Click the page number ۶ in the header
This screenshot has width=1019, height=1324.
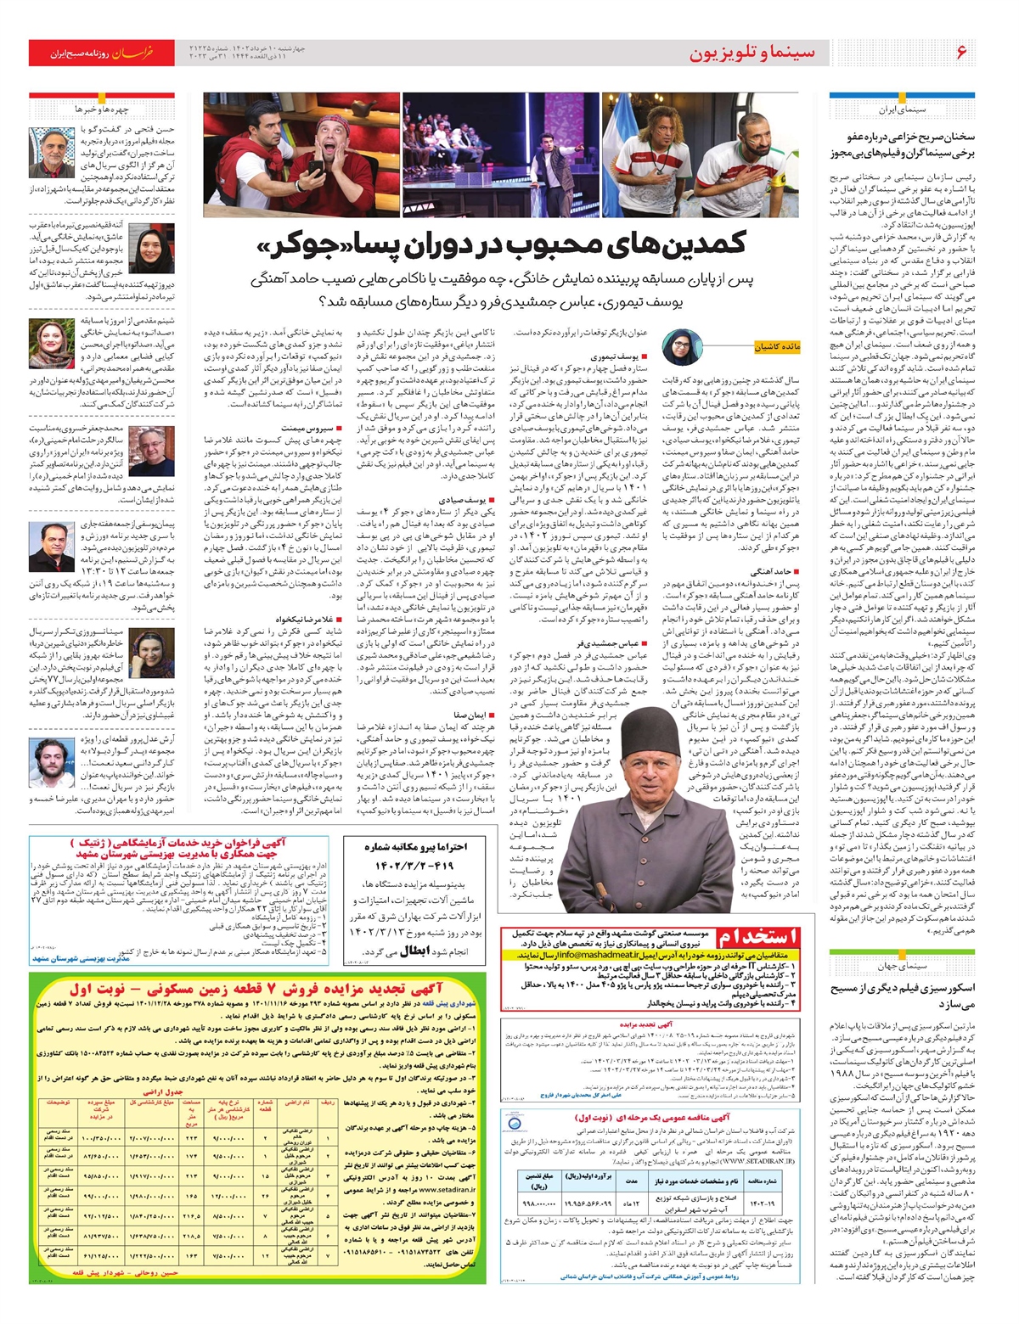click(x=961, y=53)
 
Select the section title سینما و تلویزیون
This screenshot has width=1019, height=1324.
click(x=752, y=53)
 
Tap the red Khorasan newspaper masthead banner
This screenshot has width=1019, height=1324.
click(x=101, y=53)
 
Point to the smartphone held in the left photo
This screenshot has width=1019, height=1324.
click(x=313, y=167)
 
